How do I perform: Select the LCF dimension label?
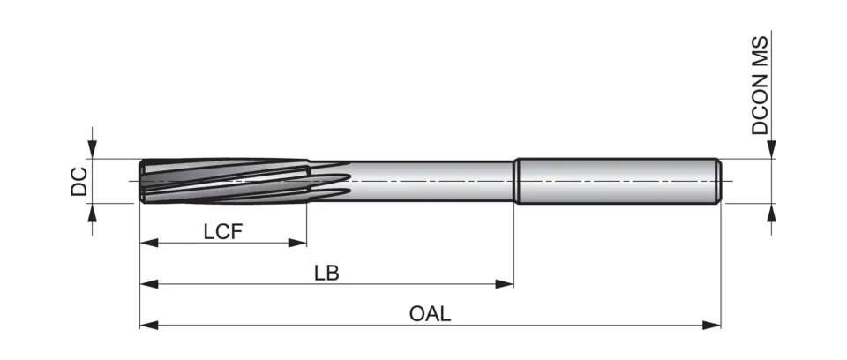(x=222, y=231)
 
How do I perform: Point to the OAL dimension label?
(x=431, y=314)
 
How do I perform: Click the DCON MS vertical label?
(x=761, y=86)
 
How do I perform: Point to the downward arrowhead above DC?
(x=93, y=150)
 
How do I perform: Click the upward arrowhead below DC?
(x=93, y=213)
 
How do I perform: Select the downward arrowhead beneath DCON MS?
(x=772, y=150)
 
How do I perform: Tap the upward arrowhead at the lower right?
(x=772, y=213)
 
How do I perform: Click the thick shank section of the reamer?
(x=618, y=181)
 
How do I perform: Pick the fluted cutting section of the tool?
(x=225, y=181)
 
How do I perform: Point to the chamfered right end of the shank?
(x=718, y=181)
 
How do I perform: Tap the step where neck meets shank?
(x=515, y=181)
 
